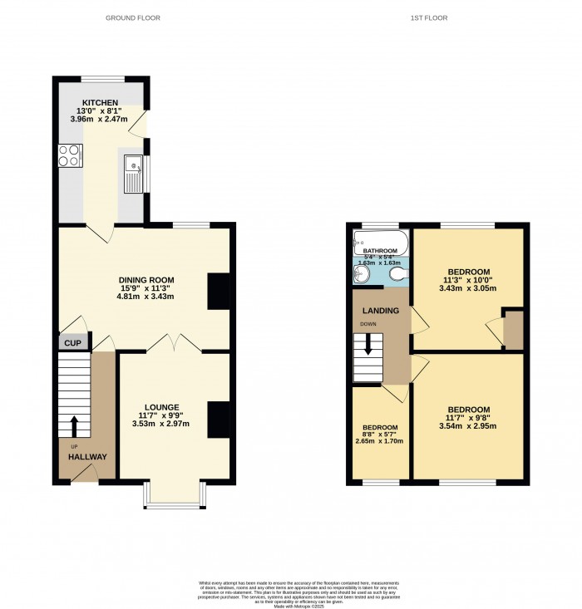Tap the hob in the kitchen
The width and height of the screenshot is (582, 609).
[x=69, y=155]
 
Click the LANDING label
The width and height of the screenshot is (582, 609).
[x=379, y=311]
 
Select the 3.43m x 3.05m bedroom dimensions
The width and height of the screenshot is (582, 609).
[x=468, y=288]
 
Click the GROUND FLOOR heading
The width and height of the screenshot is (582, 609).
[x=132, y=17]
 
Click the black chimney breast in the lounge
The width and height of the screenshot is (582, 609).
[x=219, y=420]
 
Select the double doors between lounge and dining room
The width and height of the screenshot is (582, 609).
[x=173, y=342]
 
